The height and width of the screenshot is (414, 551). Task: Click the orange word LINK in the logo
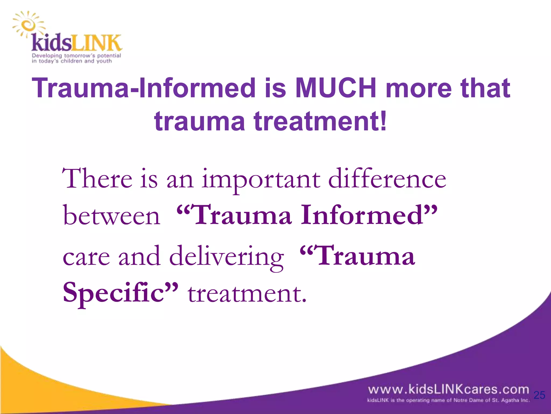click(97, 43)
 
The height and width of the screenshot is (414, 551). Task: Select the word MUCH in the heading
click(335, 88)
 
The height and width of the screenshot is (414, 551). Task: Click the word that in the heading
click(485, 88)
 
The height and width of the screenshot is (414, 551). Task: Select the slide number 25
click(539, 395)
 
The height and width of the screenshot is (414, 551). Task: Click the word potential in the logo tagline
click(109, 56)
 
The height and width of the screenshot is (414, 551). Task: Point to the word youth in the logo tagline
click(104, 61)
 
